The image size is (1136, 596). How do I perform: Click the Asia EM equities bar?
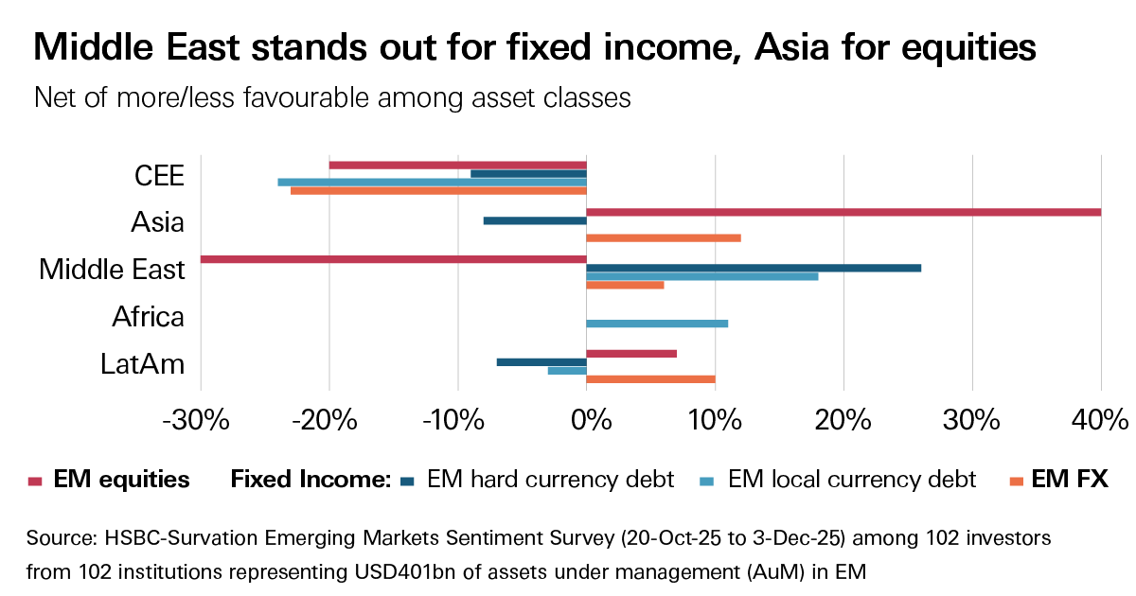[843, 212]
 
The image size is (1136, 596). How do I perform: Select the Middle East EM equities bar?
[393, 259]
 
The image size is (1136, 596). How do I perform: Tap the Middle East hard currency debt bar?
[754, 268]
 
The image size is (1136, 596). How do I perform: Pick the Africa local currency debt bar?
[657, 324]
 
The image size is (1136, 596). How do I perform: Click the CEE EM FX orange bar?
[438, 190]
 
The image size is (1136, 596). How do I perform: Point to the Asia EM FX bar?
[664, 237]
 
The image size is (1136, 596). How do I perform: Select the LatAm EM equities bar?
[631, 354]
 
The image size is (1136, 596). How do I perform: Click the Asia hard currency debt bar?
[535, 220]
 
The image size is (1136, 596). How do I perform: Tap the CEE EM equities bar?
[457, 165]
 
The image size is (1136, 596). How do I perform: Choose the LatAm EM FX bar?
[650, 379]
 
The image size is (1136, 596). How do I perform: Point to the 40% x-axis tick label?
[1100, 419]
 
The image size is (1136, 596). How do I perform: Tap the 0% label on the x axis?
[587, 419]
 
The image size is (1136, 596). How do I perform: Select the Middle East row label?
[112, 270]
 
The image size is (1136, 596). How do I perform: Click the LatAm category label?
[142, 364]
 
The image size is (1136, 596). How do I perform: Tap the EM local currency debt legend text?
[851, 480]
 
